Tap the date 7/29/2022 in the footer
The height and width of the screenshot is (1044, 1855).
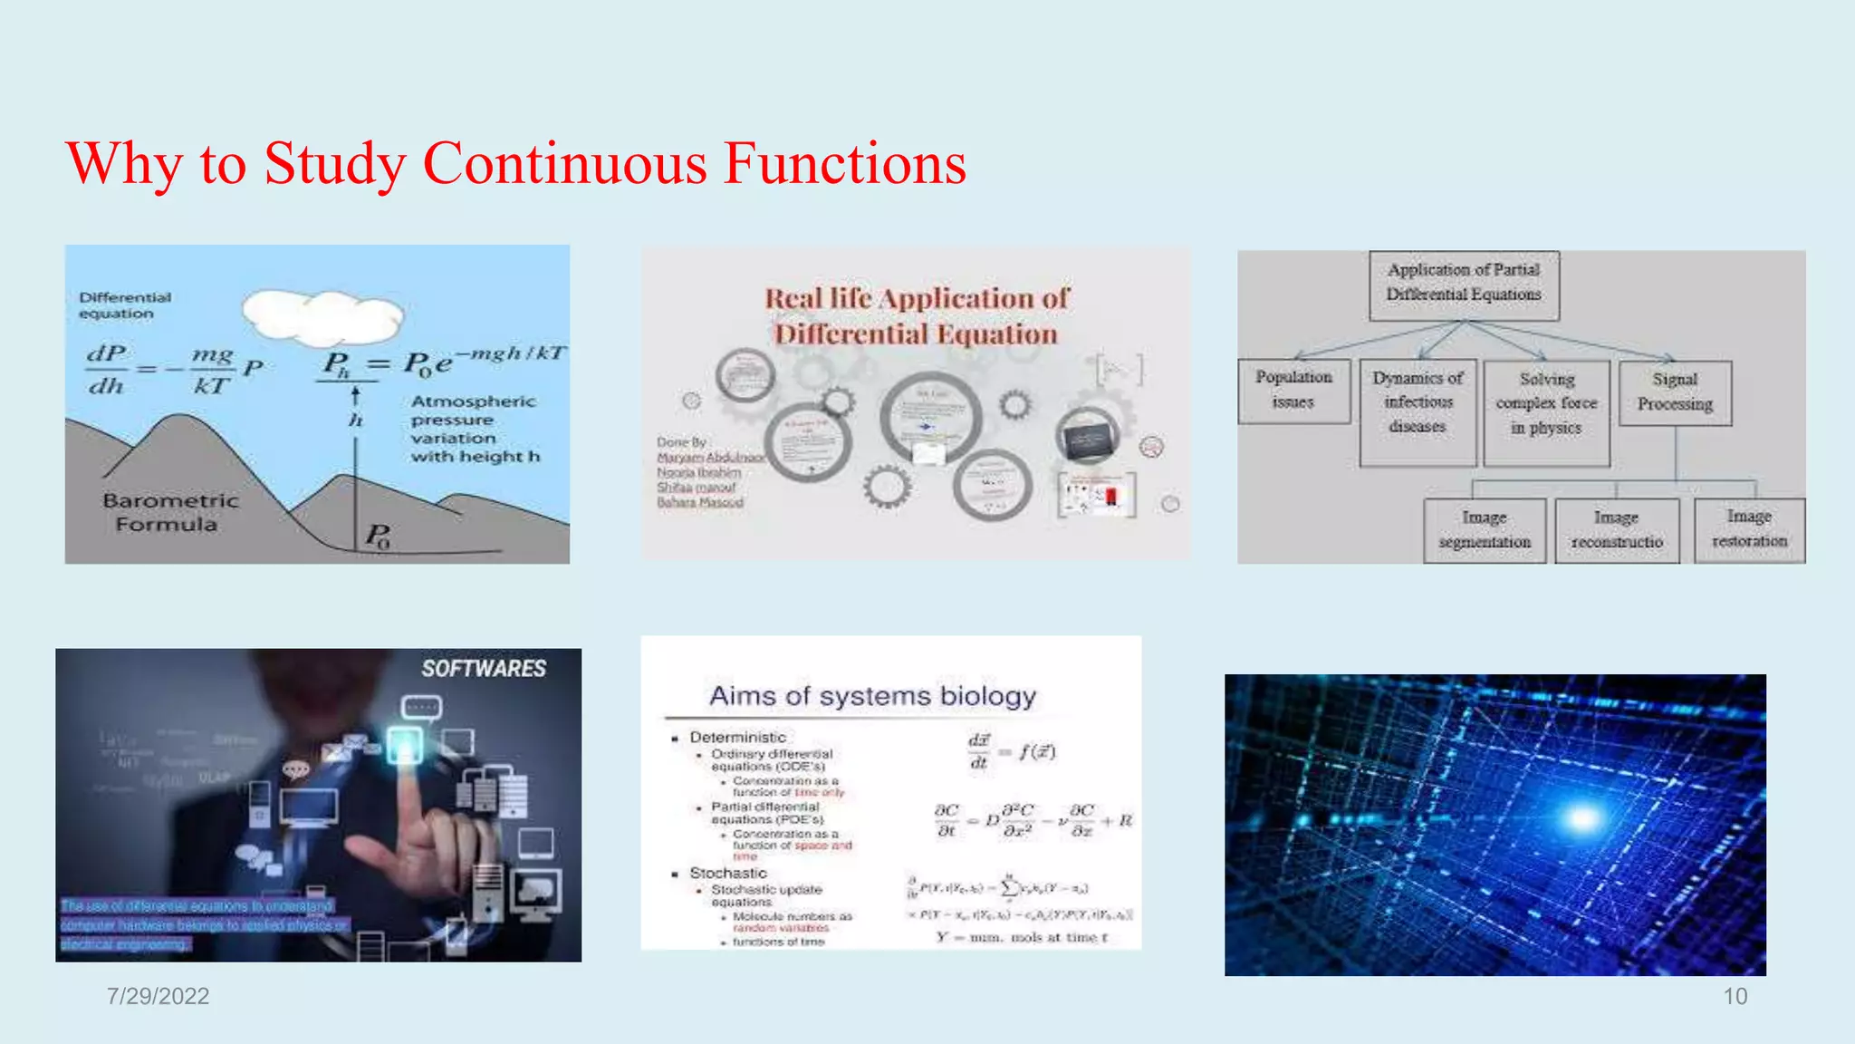pyautogui.click(x=158, y=996)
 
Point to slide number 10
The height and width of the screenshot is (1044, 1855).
pyautogui.click(x=1735, y=996)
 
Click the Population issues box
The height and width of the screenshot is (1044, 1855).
pyautogui.click(x=1293, y=390)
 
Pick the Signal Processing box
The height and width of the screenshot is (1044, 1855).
pyautogui.click(x=1675, y=391)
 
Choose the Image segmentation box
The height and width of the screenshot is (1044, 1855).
pyautogui.click(x=1485, y=530)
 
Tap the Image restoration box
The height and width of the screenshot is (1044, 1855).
pyautogui.click(x=1749, y=529)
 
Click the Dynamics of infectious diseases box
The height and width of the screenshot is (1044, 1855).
pyautogui.click(x=1418, y=402)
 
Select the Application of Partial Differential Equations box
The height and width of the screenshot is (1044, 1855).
pyautogui.click(x=1464, y=283)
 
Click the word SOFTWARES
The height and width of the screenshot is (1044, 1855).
pyautogui.click(x=484, y=669)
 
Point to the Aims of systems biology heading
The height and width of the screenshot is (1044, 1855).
pyautogui.click(x=872, y=696)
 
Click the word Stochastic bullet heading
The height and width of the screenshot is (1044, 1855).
pyautogui.click(x=728, y=873)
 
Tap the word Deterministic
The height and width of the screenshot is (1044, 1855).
pyautogui.click(x=737, y=738)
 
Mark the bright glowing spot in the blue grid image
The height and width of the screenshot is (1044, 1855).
pyautogui.click(x=1582, y=819)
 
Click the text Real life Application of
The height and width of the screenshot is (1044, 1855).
pyautogui.click(x=917, y=298)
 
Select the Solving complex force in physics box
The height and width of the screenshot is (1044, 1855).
pyautogui.click(x=1546, y=404)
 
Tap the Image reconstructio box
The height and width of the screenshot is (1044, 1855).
pyautogui.click(x=1617, y=530)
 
